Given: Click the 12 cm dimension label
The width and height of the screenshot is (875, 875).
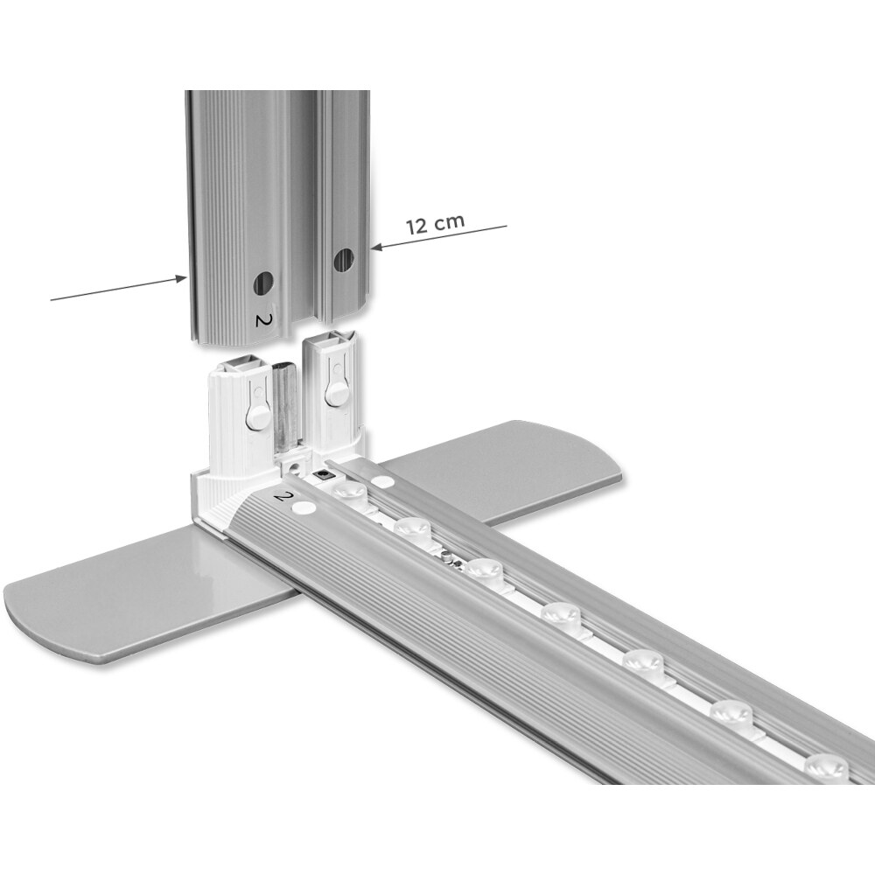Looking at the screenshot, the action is (x=435, y=224).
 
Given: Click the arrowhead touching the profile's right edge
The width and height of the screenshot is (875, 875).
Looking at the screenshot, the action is (x=375, y=247).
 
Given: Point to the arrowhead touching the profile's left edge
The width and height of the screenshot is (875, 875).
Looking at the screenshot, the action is (x=181, y=278).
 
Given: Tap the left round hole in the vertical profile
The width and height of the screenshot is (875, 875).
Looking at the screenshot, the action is (x=264, y=283).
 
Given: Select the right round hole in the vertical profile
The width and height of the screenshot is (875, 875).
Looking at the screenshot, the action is (x=344, y=260).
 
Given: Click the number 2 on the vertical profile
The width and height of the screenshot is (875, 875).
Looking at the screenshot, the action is (x=262, y=319).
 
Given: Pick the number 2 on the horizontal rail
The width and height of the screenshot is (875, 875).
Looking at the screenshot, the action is (x=284, y=495).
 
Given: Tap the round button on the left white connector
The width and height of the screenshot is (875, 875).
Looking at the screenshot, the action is (x=256, y=416).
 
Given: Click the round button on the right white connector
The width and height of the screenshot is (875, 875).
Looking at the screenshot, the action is (x=335, y=395).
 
